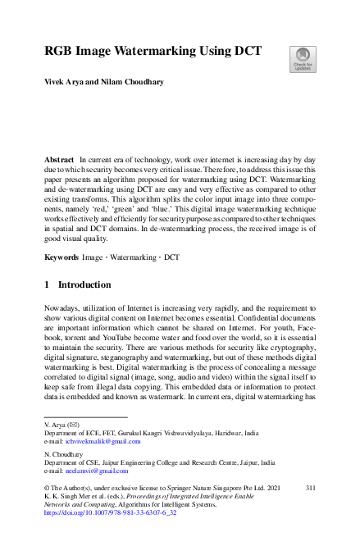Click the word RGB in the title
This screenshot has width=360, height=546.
tap(61, 51)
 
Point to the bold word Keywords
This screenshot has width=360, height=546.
tap(62, 234)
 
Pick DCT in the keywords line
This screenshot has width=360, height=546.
tap(171, 234)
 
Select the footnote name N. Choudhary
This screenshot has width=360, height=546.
tap(64, 453)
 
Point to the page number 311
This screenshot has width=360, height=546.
tap(310, 487)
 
